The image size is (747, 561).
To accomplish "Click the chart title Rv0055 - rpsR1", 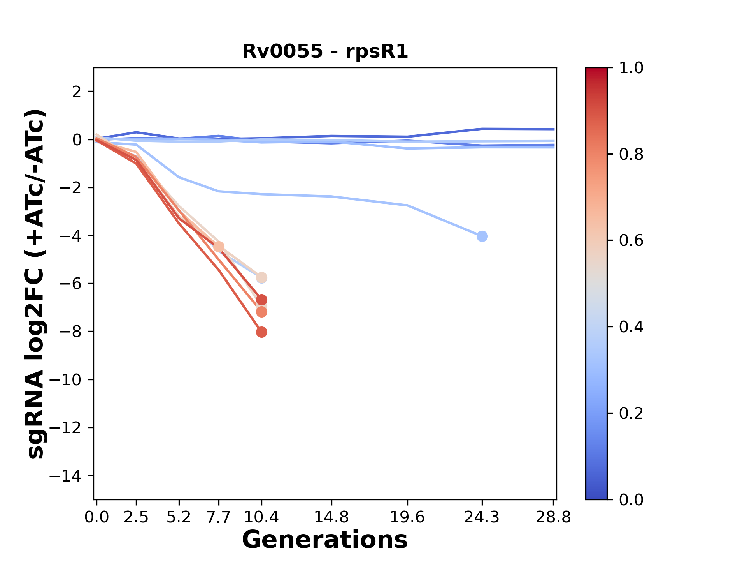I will [325, 51].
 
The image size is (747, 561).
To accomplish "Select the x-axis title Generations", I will [325, 540].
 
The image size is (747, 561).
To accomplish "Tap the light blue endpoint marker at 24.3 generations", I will [482, 236].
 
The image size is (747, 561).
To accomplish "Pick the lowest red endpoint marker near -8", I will [261, 332].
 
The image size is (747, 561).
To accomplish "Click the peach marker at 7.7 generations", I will [219, 247].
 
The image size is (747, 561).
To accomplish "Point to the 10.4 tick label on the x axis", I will [261, 517].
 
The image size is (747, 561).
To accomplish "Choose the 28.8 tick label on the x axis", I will [553, 517].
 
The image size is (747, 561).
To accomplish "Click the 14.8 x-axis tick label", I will [331, 517].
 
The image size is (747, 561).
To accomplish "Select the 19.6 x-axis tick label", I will [407, 517].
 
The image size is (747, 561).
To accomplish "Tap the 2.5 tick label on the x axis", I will [136, 517].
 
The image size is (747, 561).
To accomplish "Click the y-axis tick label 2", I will [77, 92].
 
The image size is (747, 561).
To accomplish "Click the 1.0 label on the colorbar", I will [631, 68].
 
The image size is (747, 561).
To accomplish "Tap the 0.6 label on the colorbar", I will [631, 241].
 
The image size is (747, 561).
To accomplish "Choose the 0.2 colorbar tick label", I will [631, 413].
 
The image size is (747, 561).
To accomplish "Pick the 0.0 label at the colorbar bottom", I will [631, 499].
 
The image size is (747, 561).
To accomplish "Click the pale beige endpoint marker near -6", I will [261, 278].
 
